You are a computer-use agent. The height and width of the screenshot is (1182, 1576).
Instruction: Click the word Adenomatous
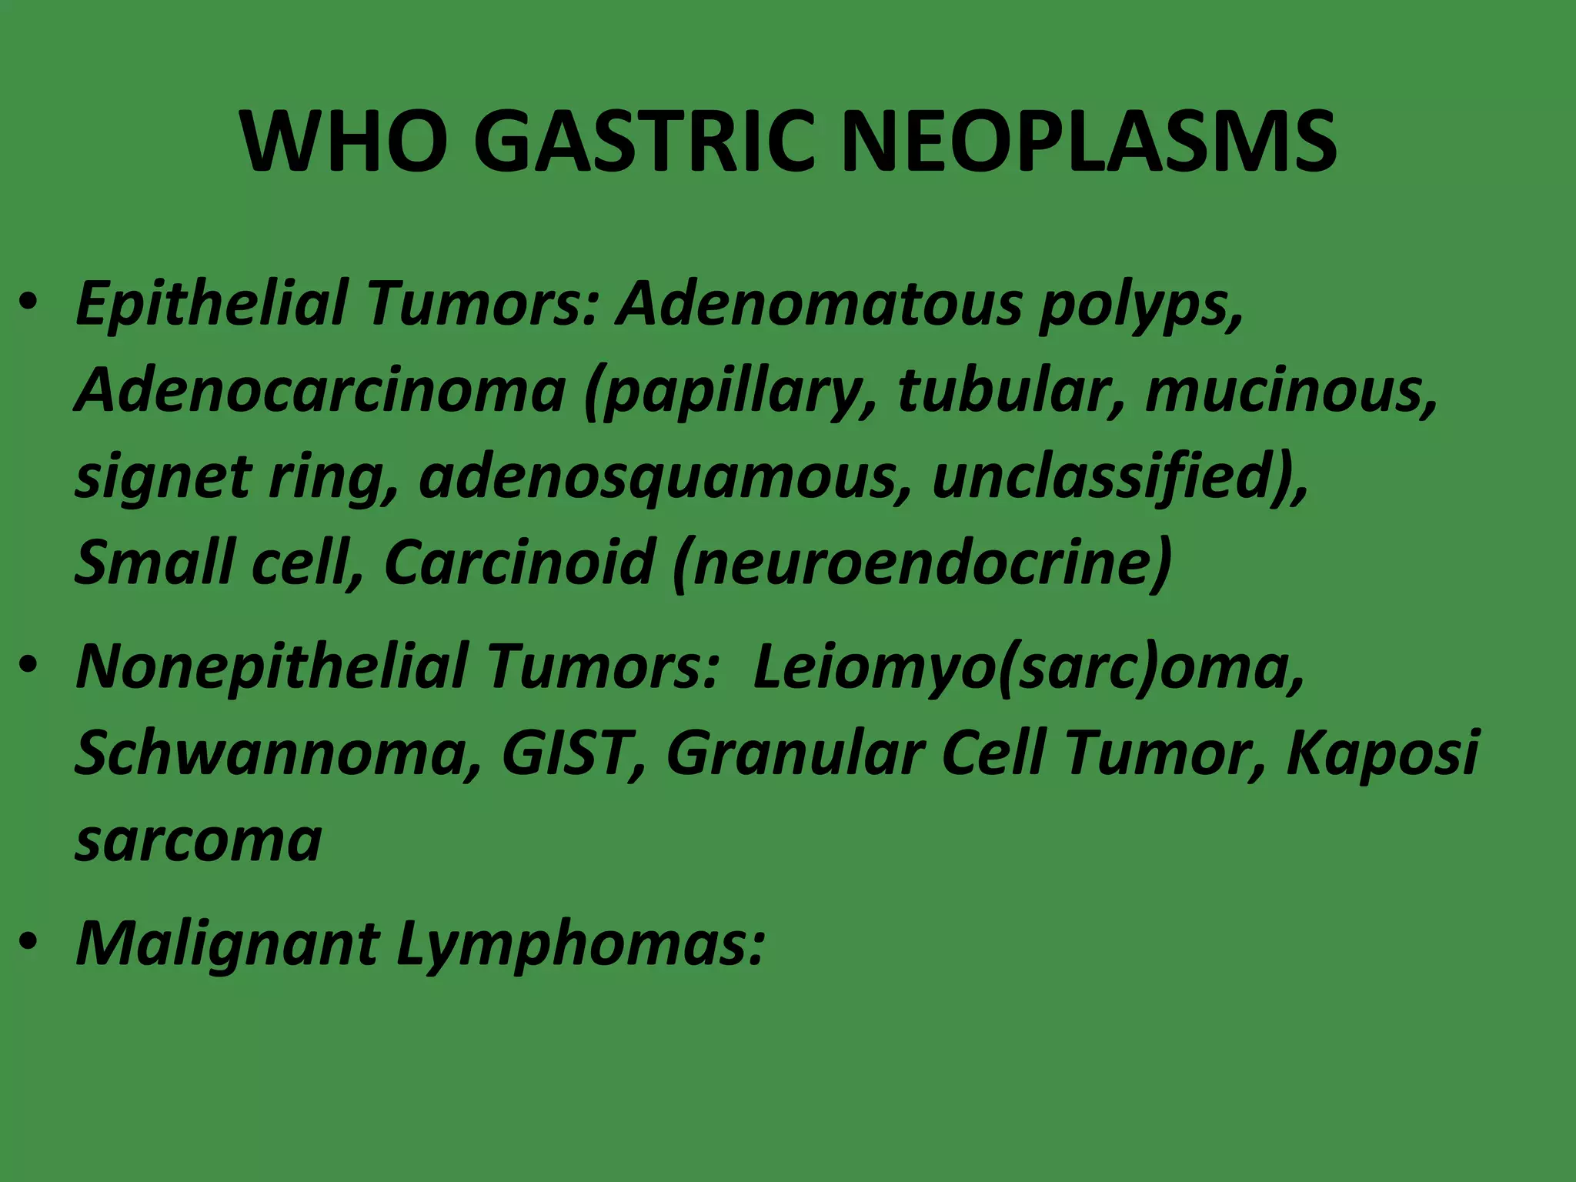819,302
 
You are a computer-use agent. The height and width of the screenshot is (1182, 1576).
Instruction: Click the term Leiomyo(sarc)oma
1028,667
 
